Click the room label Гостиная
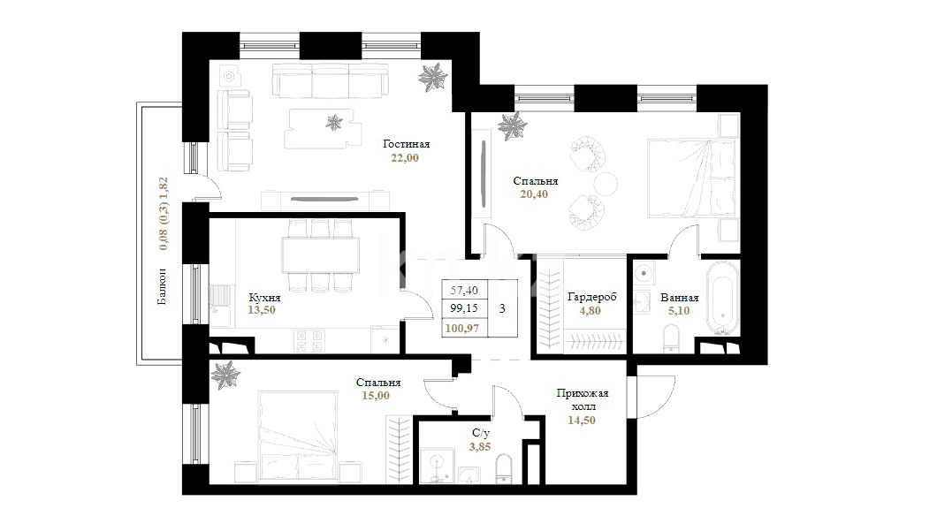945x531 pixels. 407,145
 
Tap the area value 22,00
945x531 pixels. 404,158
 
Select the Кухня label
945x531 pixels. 264,298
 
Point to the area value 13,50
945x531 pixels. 262,310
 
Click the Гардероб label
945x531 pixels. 592,298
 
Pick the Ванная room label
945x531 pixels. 679,298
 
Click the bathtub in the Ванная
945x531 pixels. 722,298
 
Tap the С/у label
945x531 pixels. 480,433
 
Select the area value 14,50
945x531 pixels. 582,421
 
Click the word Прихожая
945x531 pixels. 583,394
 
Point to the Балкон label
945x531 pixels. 163,286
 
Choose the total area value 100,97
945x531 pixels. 461,329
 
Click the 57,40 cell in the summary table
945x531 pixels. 464,290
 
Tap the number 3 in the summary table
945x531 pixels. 502,309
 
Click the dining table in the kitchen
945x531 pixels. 320,255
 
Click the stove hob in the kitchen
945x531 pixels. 309,341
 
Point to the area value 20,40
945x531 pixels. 534,194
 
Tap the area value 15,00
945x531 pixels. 376,396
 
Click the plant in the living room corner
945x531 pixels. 433,77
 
